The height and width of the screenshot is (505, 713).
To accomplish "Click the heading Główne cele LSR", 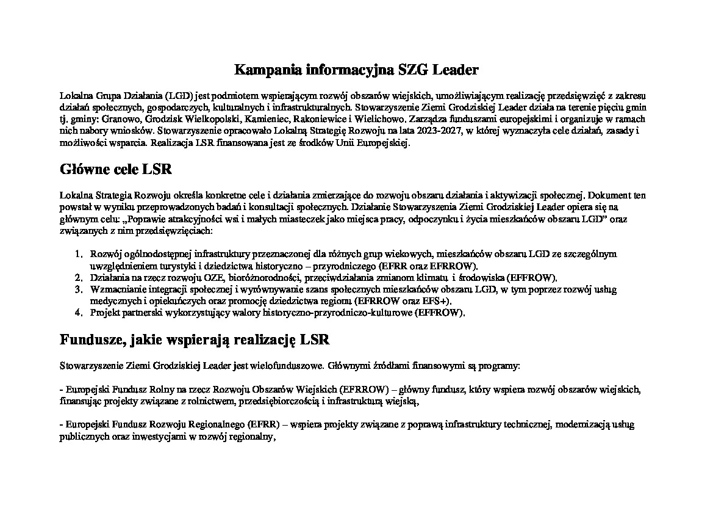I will [116, 169].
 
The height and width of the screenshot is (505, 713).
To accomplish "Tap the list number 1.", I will [78, 253].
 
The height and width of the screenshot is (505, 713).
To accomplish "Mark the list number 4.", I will [78, 313].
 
